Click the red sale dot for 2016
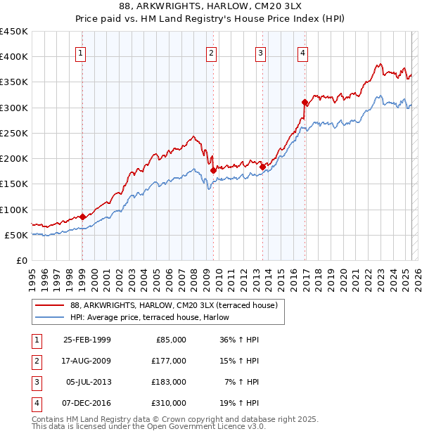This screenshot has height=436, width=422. pyautogui.click(x=305, y=102)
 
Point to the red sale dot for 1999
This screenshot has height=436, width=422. pyautogui.click(x=82, y=217)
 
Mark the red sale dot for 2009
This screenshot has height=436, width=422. pyautogui.click(x=212, y=169)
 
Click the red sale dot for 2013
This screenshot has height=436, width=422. pyautogui.click(x=262, y=167)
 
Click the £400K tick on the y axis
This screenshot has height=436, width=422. pyautogui.click(x=14, y=56)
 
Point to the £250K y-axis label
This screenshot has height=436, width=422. pyautogui.click(x=14, y=133)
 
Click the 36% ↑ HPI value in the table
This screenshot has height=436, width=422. pyautogui.click(x=240, y=340)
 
